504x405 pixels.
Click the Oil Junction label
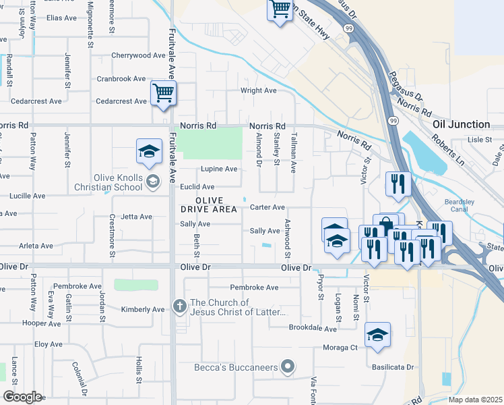pyautogui.click(x=461, y=124)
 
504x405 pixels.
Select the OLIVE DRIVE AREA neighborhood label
pyautogui.click(x=208, y=205)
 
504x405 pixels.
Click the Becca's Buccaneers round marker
pyautogui.click(x=288, y=367)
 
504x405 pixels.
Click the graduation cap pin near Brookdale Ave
pyautogui.click(x=377, y=335)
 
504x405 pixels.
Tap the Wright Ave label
pyautogui.click(x=259, y=90)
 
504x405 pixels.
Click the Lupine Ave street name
pyautogui.click(x=219, y=169)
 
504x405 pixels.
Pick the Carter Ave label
pyautogui.click(x=267, y=207)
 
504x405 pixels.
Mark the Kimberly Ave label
pyautogui.click(x=142, y=310)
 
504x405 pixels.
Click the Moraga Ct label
pyautogui.click(x=340, y=348)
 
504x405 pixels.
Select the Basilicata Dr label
pyautogui.click(x=394, y=368)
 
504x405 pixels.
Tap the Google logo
pyautogui.click(x=22, y=397)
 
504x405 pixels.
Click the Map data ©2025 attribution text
pyautogui.click(x=475, y=400)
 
